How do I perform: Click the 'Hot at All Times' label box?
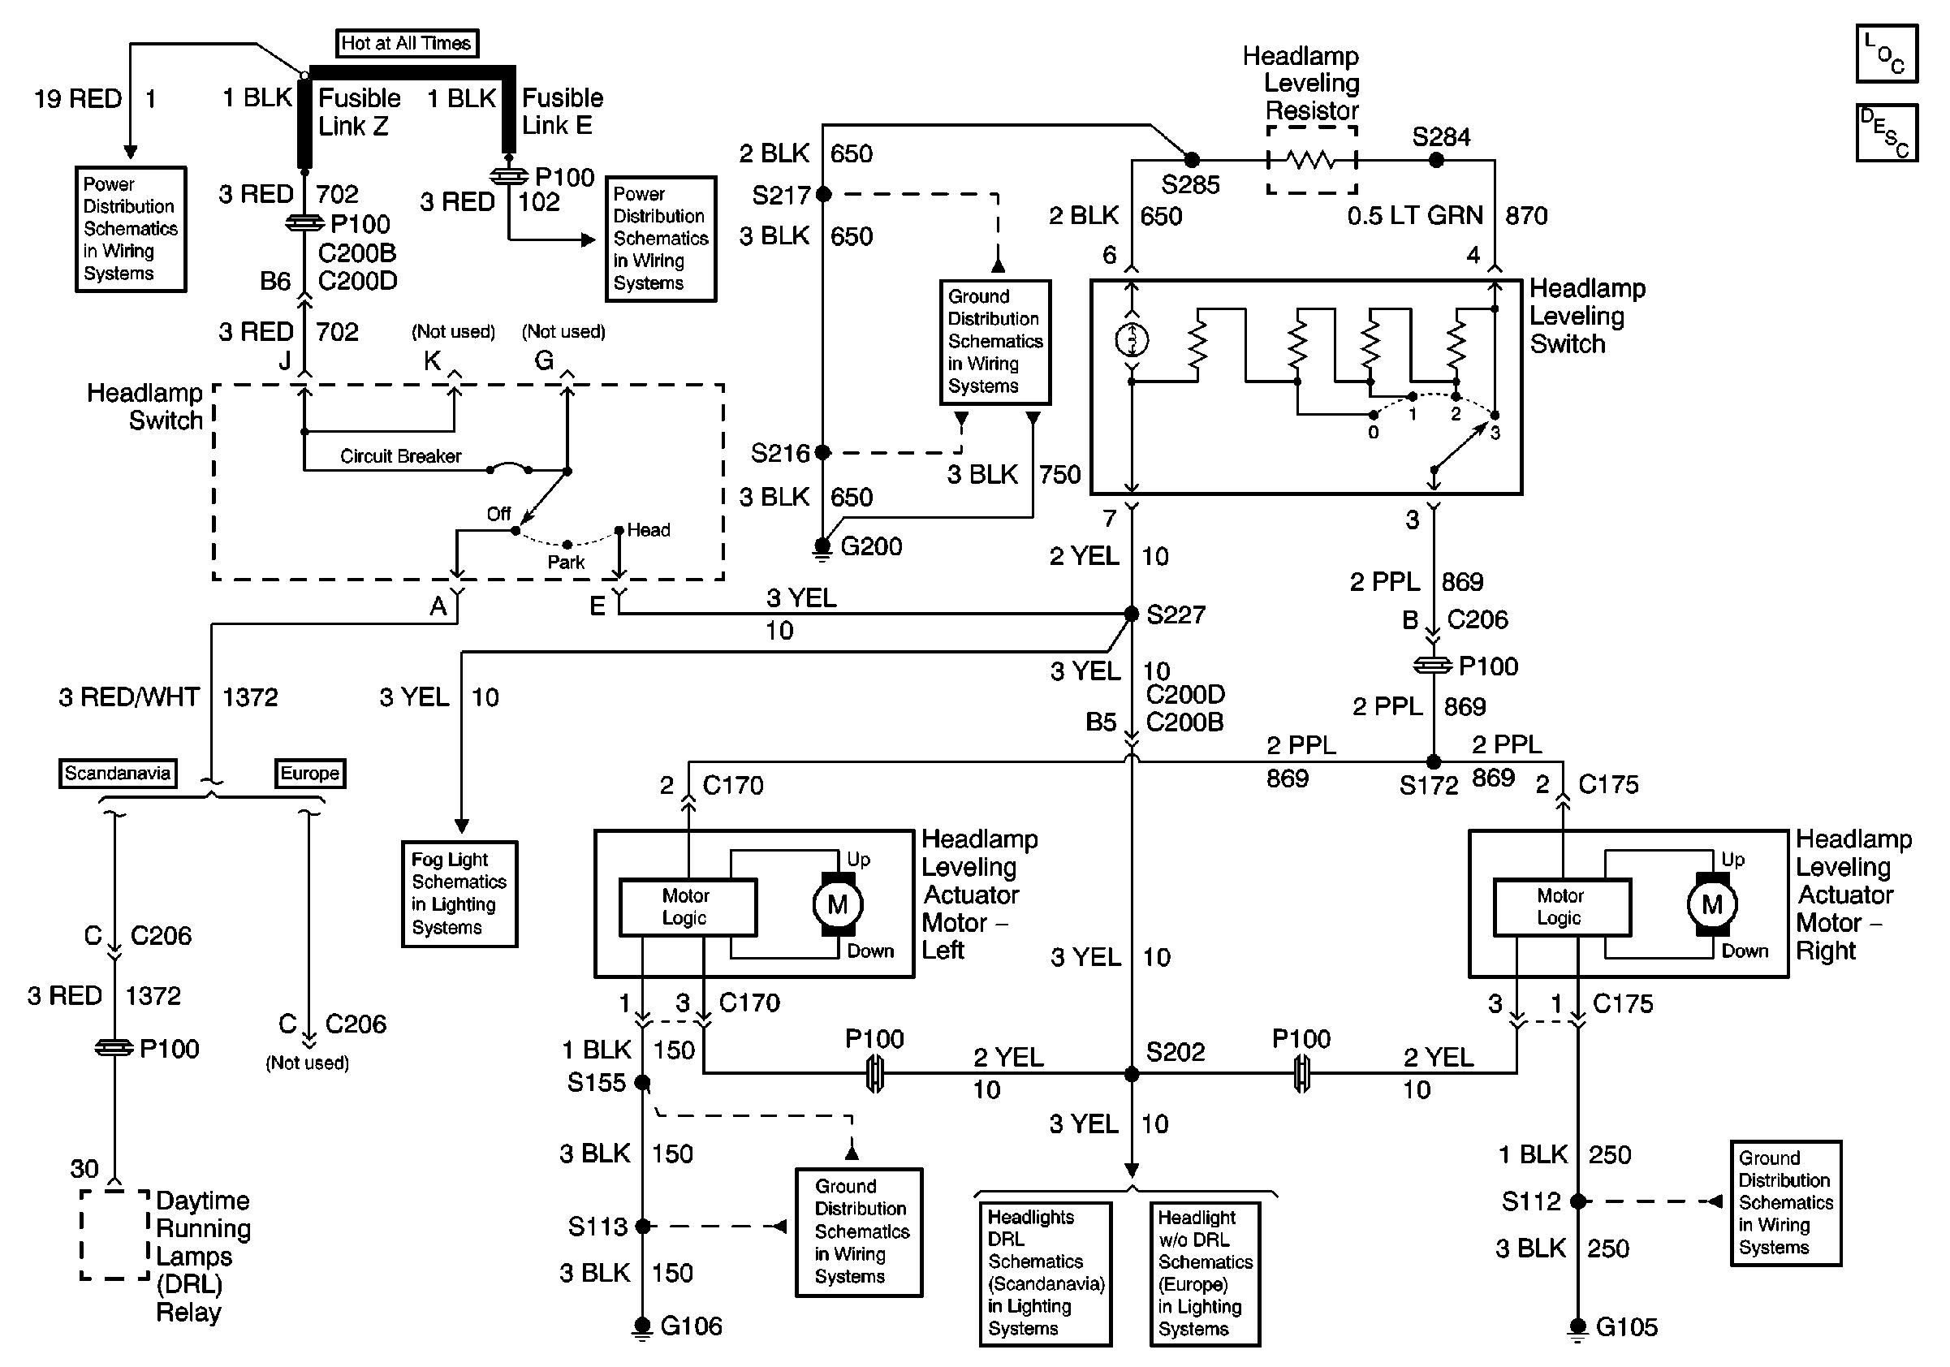[x=407, y=43]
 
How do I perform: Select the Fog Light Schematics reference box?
[x=459, y=894]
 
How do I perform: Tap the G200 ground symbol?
[x=822, y=550]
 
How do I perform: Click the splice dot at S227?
[x=1131, y=613]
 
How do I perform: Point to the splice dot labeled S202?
[x=1131, y=1074]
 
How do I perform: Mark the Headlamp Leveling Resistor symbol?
[x=1311, y=160]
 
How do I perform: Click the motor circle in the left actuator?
[x=839, y=905]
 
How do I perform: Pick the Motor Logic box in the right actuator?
[x=1562, y=907]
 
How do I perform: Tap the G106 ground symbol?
[x=642, y=1328]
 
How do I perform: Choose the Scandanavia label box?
[x=118, y=774]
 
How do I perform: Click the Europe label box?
[x=310, y=774]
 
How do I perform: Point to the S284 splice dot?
[x=1436, y=160]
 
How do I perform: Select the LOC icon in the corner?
[x=1887, y=54]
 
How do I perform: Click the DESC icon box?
[x=1887, y=132]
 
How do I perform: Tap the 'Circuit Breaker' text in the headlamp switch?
[x=400, y=456]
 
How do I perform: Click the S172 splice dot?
[x=1433, y=761]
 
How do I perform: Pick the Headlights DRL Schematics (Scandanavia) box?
[x=1046, y=1274]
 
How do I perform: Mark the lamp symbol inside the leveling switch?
[x=1131, y=340]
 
